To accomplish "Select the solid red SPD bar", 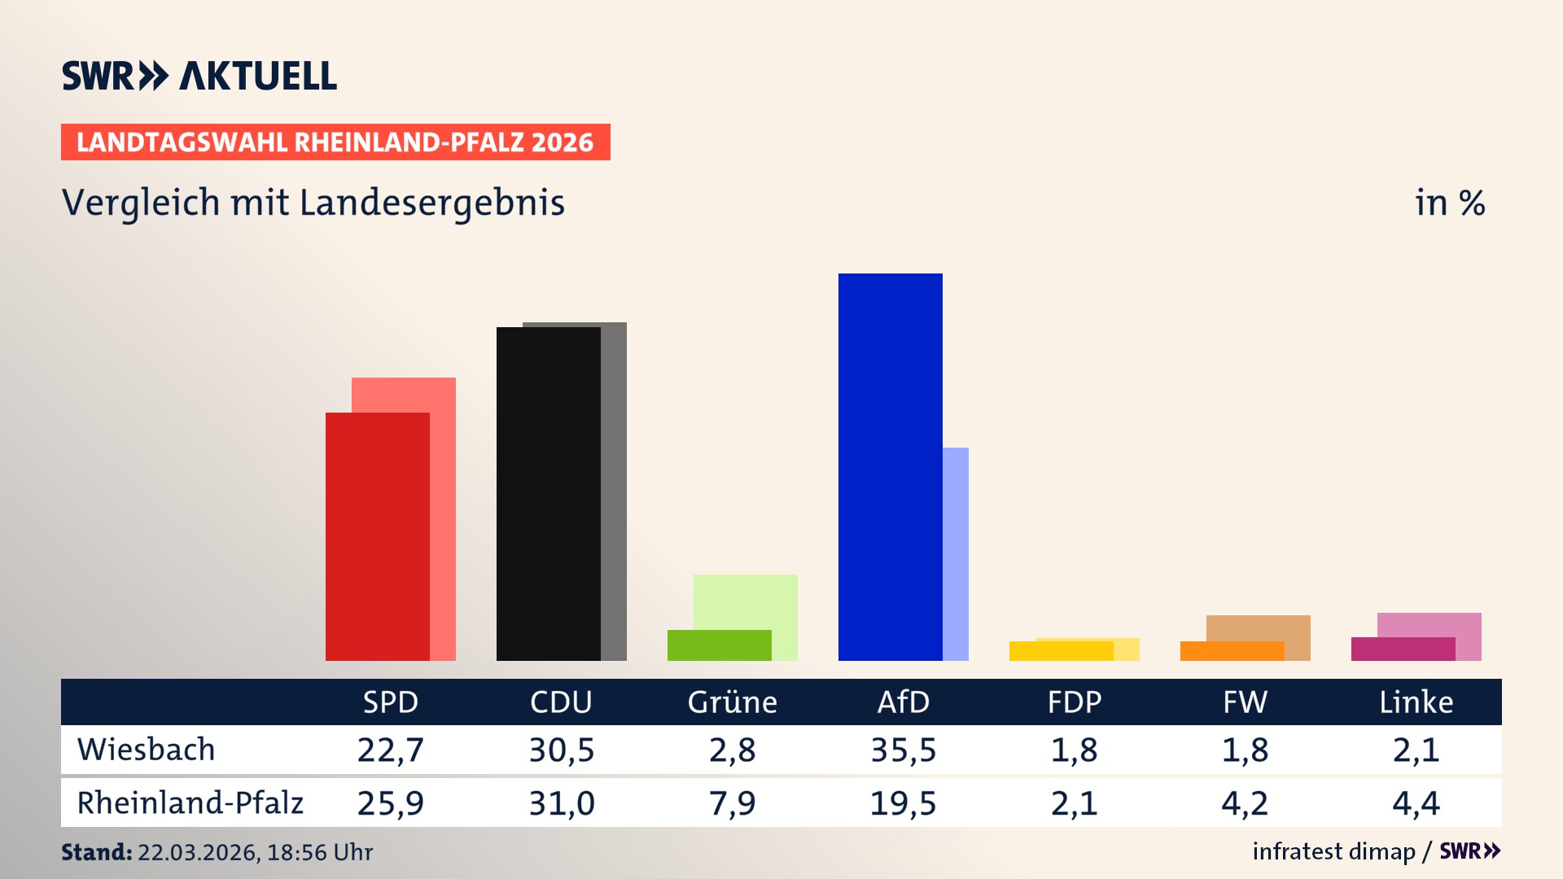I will click(x=377, y=536).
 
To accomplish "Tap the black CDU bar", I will click(x=548, y=493).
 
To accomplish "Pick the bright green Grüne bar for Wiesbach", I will click(x=719, y=645).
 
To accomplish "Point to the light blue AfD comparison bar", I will click(x=956, y=553).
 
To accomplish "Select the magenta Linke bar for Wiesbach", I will click(x=1403, y=649).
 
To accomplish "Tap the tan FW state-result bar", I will click(x=1259, y=628).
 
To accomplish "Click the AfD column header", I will click(x=903, y=702).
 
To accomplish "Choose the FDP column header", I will click(x=1074, y=702).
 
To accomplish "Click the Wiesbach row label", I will click(x=147, y=750).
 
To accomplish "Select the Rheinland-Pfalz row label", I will click(x=190, y=803).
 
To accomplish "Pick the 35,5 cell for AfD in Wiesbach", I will click(x=903, y=750).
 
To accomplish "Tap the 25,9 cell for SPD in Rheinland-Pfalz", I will click(x=390, y=803).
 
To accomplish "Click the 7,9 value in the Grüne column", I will click(x=732, y=803).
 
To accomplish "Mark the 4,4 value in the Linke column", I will click(x=1416, y=803).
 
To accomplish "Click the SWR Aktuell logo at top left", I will click(x=199, y=76).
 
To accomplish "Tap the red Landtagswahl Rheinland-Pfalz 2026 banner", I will click(x=335, y=142).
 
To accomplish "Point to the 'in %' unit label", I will click(x=1449, y=203).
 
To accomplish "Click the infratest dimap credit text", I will click(x=1333, y=851).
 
